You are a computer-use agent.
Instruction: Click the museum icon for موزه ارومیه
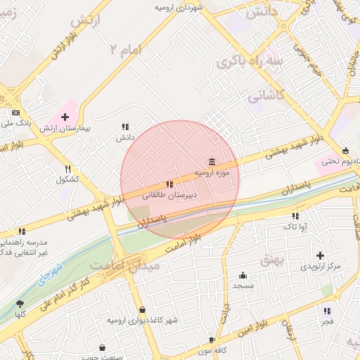(x=212, y=162)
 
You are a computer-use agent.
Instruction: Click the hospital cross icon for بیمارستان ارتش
(x=65, y=117)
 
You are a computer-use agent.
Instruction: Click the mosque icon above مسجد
(x=243, y=276)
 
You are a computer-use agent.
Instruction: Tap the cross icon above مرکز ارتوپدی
(x=321, y=255)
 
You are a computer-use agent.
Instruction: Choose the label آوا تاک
(x=295, y=226)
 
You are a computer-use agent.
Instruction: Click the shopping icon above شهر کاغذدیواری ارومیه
(x=143, y=309)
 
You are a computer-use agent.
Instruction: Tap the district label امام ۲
(x=126, y=49)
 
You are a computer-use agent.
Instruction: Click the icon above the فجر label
(x=326, y=311)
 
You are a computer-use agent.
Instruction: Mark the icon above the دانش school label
(x=125, y=127)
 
